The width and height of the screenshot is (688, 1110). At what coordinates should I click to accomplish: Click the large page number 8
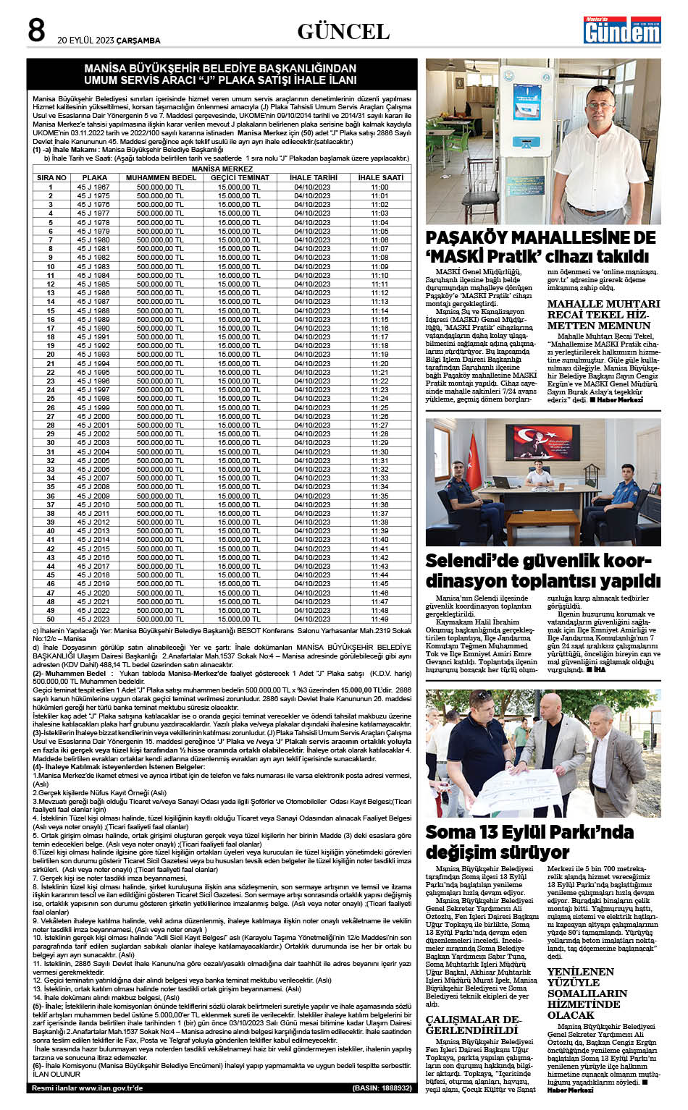[x=36, y=31]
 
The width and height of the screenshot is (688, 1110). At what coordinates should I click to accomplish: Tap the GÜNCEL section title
[x=343, y=32]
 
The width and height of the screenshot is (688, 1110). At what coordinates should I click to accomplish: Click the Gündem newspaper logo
[x=622, y=30]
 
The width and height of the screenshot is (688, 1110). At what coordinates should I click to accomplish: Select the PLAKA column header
[x=94, y=177]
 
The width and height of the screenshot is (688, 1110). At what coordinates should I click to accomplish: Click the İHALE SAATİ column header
[x=380, y=177]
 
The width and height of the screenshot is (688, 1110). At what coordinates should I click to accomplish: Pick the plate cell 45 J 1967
[x=94, y=187]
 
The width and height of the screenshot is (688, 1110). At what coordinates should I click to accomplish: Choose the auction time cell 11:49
[x=380, y=619]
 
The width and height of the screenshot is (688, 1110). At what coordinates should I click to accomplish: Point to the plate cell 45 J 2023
[x=94, y=619]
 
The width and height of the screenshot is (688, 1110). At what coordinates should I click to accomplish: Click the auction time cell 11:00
[x=380, y=187]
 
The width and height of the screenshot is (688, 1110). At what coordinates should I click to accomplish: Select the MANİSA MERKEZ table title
[x=222, y=169]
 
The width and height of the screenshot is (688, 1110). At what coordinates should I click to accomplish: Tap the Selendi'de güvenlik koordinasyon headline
[x=542, y=571]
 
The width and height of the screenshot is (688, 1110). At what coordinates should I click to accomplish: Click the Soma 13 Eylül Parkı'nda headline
[x=529, y=842]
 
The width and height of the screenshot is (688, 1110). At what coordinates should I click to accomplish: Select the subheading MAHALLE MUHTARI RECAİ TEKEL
[x=603, y=315]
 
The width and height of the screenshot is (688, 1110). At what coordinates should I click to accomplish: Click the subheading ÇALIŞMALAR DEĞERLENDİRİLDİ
[x=473, y=1025]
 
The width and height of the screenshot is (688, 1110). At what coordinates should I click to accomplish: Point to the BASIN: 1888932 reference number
[x=382, y=1088]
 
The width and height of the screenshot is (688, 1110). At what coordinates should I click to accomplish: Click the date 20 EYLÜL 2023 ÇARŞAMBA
[x=109, y=40]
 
